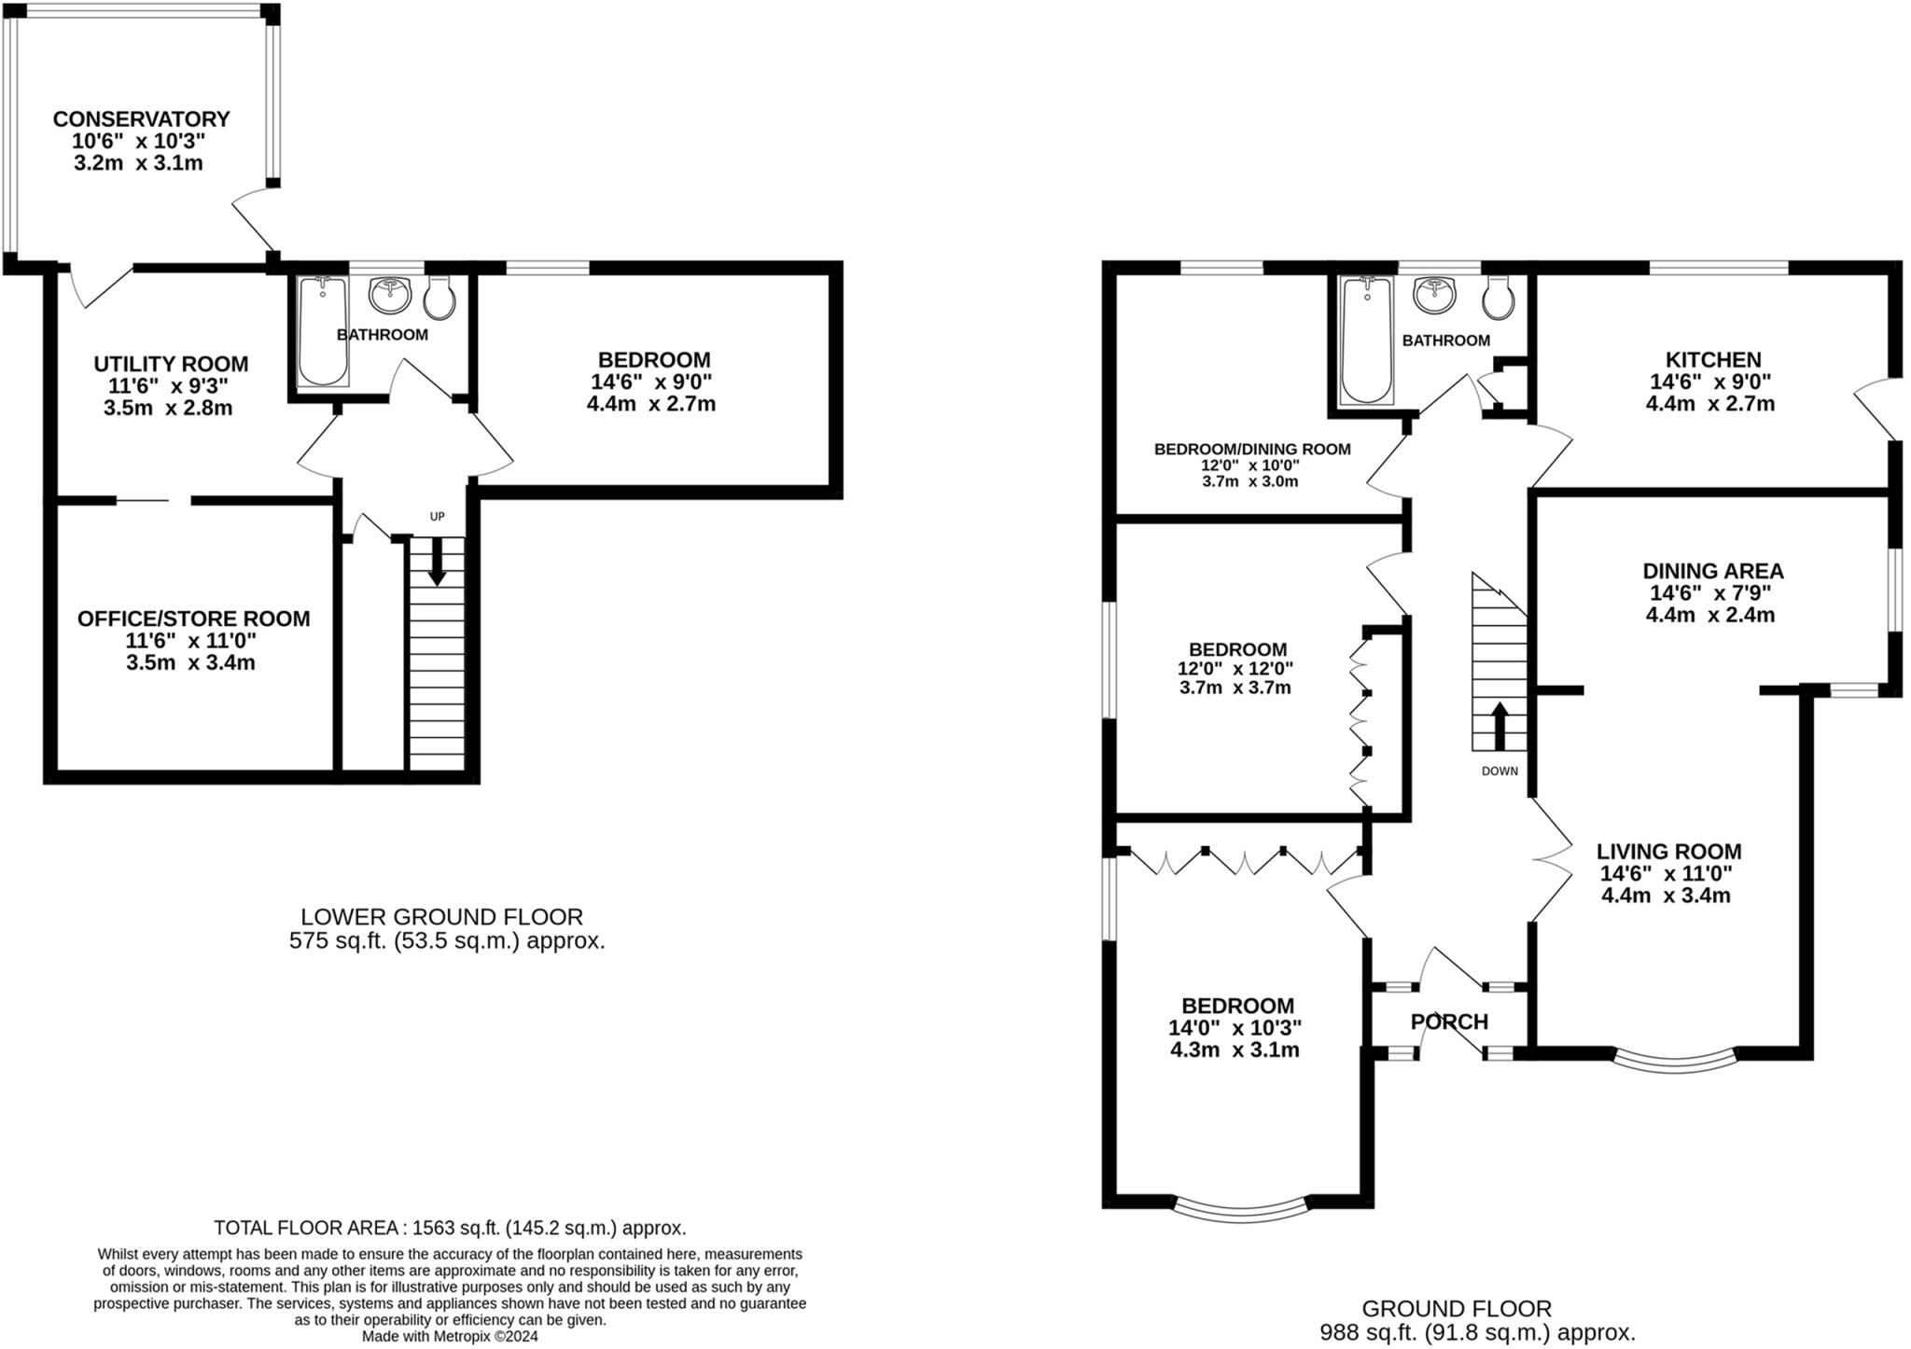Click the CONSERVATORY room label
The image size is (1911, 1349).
(x=141, y=119)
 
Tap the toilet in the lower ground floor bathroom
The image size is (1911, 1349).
(x=439, y=297)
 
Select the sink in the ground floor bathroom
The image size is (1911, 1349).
(x=1434, y=296)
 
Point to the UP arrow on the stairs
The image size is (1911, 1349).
(x=436, y=565)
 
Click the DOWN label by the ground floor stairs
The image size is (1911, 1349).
(x=1500, y=772)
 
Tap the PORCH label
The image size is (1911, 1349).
(x=1449, y=1022)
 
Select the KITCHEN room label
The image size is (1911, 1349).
(x=1713, y=359)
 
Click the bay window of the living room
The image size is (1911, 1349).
(x=1674, y=1061)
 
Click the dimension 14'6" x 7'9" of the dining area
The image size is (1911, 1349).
(x=1710, y=593)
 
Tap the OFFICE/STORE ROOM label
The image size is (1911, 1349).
(x=193, y=619)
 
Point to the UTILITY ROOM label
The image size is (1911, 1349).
(x=171, y=364)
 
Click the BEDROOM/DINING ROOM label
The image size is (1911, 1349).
(x=1251, y=449)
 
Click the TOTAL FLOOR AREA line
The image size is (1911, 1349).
(x=450, y=1228)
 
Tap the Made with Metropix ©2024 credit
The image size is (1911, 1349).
(x=450, y=1336)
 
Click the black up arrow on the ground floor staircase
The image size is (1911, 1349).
(x=1499, y=726)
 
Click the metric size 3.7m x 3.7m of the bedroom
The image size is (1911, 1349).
(x=1234, y=688)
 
